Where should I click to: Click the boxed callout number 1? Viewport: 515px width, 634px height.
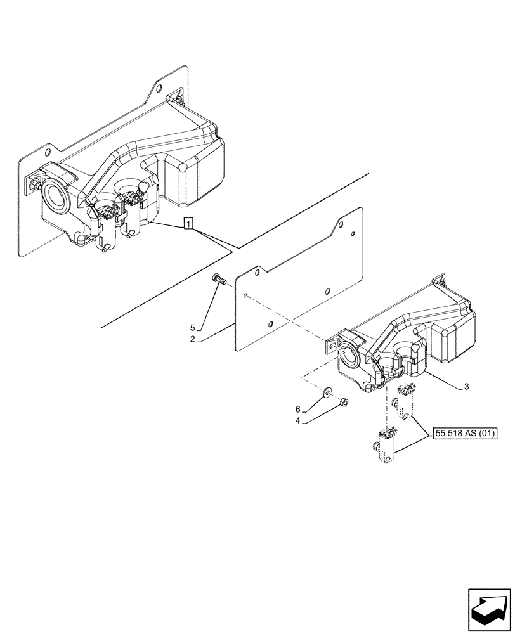click(x=188, y=223)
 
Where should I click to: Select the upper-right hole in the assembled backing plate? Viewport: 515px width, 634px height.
click(x=159, y=89)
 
